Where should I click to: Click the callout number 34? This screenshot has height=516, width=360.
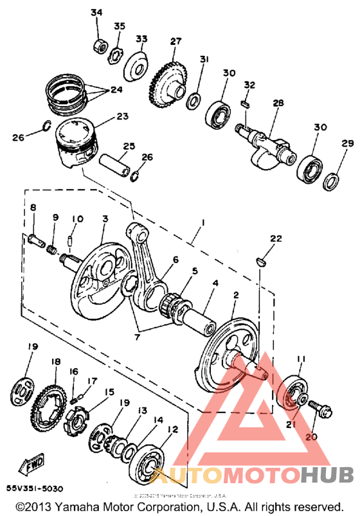[x=96, y=13]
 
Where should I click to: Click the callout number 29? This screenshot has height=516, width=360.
[x=347, y=143]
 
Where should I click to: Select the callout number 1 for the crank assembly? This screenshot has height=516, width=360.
[x=203, y=222]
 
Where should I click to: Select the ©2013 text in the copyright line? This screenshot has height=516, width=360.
[x=35, y=506]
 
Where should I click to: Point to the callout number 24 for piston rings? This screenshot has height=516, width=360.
[x=116, y=90]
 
